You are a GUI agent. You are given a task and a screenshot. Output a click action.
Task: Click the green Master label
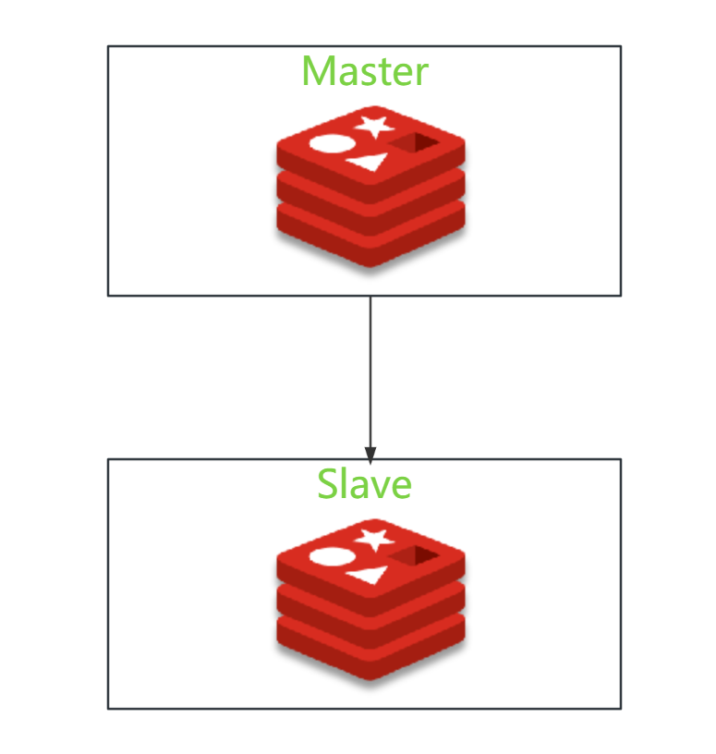(x=365, y=71)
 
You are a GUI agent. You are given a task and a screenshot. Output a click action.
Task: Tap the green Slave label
(x=365, y=484)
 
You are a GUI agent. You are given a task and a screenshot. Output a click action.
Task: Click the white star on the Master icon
(x=374, y=127)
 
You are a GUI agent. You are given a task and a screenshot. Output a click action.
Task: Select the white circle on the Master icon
(x=333, y=144)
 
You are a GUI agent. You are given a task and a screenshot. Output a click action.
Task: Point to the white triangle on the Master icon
(x=370, y=162)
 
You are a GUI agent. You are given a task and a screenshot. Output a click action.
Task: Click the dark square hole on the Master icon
(x=414, y=142)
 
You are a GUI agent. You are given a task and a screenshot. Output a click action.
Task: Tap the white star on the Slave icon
(x=374, y=540)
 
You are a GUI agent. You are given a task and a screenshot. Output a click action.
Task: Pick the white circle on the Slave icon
(x=333, y=557)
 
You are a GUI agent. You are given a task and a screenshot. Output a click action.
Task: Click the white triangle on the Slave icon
(x=370, y=575)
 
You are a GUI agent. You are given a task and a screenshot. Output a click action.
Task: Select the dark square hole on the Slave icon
(x=414, y=555)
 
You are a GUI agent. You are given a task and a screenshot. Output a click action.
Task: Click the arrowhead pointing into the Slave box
(x=370, y=455)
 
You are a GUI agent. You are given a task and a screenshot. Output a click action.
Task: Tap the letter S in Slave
(x=327, y=484)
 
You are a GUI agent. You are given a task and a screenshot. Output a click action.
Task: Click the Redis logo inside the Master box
(x=370, y=186)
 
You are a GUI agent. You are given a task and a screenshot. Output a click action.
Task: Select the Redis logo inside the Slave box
(x=370, y=599)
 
